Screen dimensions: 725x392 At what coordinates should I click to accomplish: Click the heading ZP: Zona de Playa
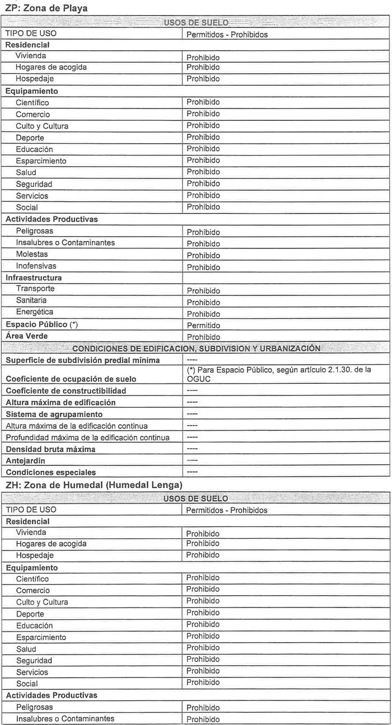[46, 8]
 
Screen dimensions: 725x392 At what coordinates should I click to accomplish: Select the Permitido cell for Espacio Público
[203, 325]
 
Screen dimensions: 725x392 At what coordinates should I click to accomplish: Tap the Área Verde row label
[26, 336]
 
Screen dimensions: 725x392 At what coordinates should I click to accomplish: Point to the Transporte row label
[35, 289]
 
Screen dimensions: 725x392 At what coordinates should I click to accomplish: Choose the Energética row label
[35, 312]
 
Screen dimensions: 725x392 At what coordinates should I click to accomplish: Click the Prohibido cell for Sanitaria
[203, 302]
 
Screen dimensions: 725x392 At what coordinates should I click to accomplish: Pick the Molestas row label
[32, 254]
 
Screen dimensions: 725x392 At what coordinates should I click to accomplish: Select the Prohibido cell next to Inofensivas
[203, 267]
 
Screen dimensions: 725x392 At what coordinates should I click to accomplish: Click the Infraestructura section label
[34, 277]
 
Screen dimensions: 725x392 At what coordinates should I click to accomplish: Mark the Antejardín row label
[25, 460]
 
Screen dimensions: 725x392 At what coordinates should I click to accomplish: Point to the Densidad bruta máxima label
[50, 449]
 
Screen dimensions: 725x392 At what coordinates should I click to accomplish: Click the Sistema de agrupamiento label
[54, 414]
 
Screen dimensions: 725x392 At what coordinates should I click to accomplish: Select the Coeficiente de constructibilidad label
[66, 390]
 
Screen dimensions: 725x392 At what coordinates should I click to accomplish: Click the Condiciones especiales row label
[50, 472]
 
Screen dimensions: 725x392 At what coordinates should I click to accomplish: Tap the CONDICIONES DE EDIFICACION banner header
[196, 349]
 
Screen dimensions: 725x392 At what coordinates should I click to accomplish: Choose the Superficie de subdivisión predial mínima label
[82, 360]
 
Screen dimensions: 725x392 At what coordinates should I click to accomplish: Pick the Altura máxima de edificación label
[60, 402]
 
